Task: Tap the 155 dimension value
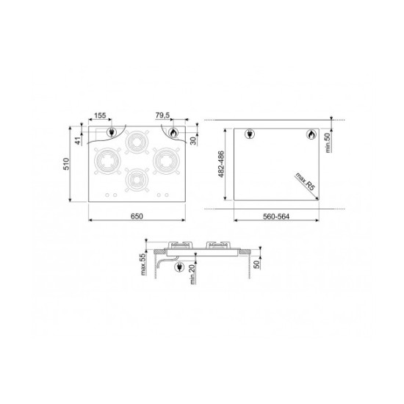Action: pyautogui.click(x=101, y=115)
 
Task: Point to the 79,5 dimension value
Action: pyautogui.click(x=164, y=115)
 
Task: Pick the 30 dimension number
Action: pyautogui.click(x=193, y=140)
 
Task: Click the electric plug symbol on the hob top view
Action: pyautogui.click(x=112, y=133)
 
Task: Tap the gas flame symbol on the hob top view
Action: pyautogui.click(x=173, y=133)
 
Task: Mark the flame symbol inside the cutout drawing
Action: pyautogui.click(x=310, y=135)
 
